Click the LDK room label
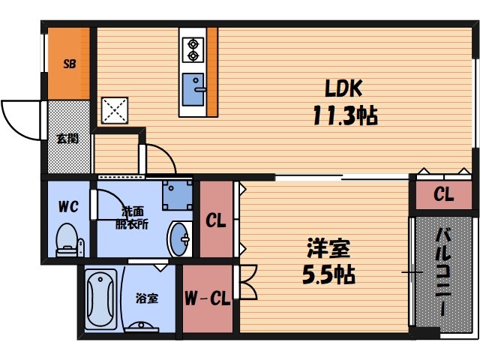344,88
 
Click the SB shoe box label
68,64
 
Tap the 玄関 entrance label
67,138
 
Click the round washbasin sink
181,240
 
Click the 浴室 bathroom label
147,298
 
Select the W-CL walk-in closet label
206,299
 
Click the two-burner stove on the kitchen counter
193,48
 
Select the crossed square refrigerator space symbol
115,110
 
